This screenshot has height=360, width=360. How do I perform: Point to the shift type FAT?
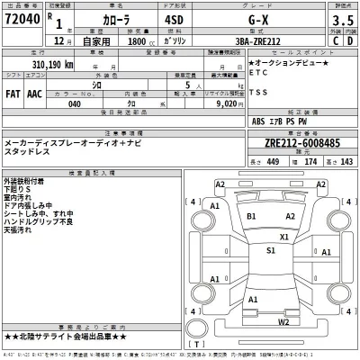[14, 92]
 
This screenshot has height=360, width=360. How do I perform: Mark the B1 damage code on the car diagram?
[252, 217]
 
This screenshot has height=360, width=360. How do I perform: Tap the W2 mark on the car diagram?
[283, 322]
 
